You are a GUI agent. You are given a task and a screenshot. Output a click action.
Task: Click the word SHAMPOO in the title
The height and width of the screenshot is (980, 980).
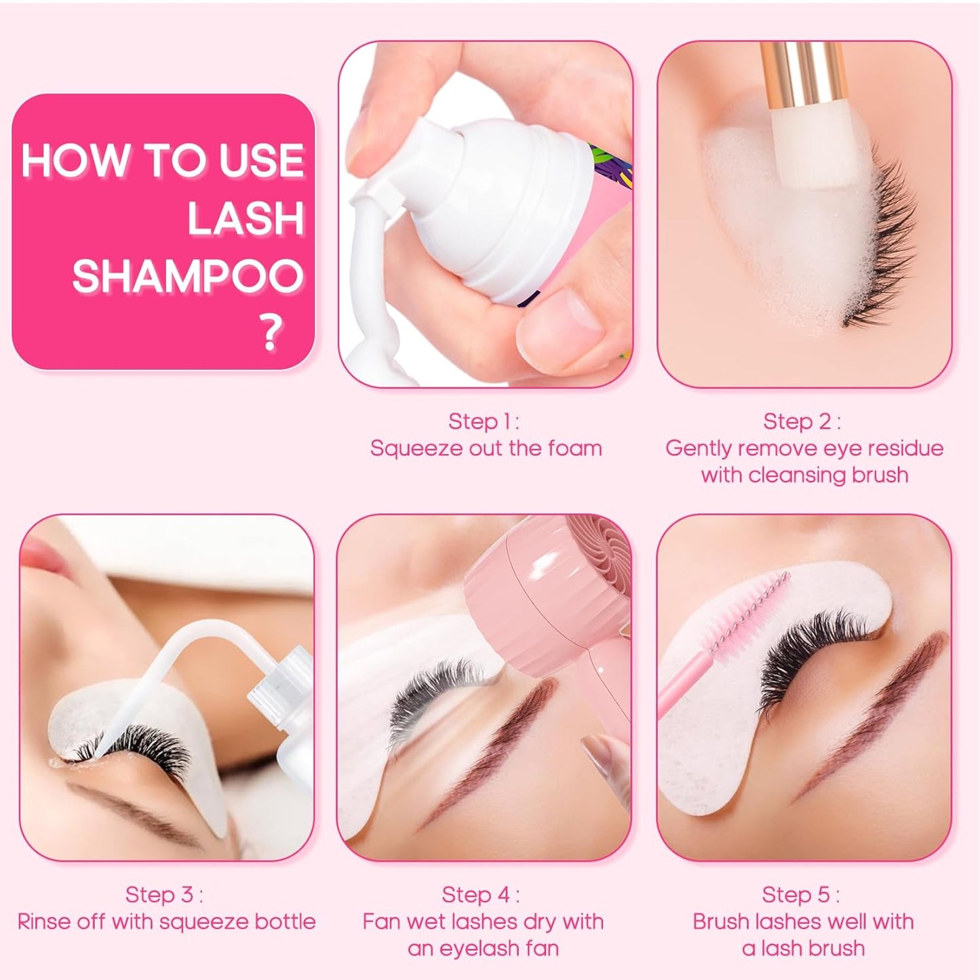pyautogui.click(x=187, y=276)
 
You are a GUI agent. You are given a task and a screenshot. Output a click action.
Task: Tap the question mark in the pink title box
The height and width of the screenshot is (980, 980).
pyautogui.click(x=271, y=332)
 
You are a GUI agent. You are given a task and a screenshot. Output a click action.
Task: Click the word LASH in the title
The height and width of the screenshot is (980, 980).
pyautogui.click(x=246, y=218)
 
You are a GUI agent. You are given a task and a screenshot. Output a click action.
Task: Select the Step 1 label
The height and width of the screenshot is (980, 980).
pyautogui.click(x=484, y=421)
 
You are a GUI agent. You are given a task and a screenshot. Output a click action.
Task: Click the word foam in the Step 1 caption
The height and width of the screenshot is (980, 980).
pyautogui.click(x=576, y=448)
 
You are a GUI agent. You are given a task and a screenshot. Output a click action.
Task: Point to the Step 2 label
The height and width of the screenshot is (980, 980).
pyautogui.click(x=802, y=421)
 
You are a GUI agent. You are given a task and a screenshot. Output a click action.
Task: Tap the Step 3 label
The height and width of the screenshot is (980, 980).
pyautogui.click(x=164, y=895)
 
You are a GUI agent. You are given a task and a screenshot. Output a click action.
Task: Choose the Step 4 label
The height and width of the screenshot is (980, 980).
pyautogui.click(x=480, y=895)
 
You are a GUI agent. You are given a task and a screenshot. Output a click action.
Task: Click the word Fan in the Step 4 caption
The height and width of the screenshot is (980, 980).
pyautogui.click(x=381, y=922)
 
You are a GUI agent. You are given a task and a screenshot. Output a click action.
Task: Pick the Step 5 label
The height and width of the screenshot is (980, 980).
pyautogui.click(x=801, y=895)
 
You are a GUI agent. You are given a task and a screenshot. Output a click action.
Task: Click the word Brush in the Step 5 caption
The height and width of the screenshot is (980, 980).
pyautogui.click(x=721, y=922)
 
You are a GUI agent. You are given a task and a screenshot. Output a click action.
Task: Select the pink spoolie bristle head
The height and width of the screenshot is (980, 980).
pyautogui.click(x=753, y=610)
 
